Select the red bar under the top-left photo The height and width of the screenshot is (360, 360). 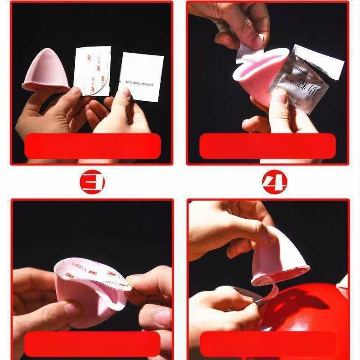(x=92, y=146)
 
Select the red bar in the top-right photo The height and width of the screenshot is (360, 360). (x=268, y=146)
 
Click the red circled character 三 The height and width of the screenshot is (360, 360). (x=92, y=183)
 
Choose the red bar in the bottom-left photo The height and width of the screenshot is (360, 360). (x=92, y=344)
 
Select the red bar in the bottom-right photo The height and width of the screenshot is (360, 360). (x=268, y=344)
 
